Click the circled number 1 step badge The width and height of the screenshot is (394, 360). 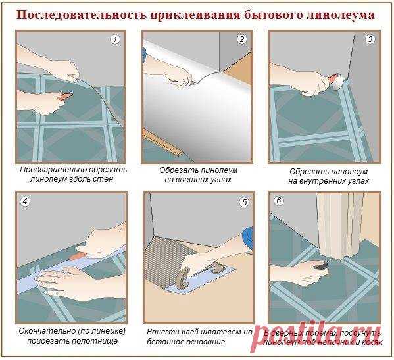(116, 39)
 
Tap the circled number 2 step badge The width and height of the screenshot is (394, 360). (241, 39)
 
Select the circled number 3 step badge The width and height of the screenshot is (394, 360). (370, 39)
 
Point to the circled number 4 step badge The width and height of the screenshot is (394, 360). (25, 201)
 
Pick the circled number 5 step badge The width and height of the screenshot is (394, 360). (243, 202)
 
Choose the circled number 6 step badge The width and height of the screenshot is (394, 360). (278, 201)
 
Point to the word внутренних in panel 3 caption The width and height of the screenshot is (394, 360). (318, 180)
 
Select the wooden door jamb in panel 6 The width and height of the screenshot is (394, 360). (336, 227)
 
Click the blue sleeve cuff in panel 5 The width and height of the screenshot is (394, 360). (248, 235)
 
